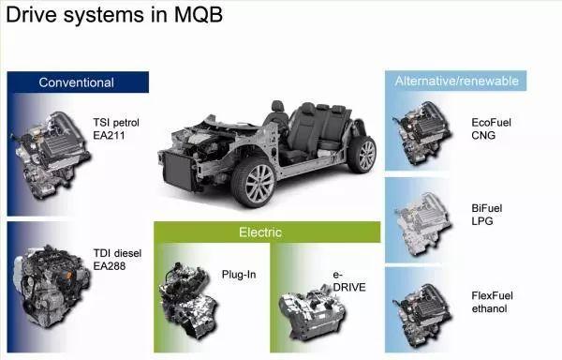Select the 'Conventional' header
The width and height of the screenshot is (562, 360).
(76, 82)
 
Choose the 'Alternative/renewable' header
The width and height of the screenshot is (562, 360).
(456, 81)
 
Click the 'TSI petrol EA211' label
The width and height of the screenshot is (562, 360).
(115, 128)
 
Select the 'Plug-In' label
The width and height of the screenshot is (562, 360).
(239, 274)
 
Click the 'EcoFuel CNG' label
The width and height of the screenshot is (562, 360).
(491, 128)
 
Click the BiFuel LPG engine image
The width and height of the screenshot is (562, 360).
(423, 218)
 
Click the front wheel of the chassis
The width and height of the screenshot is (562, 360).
(253, 182)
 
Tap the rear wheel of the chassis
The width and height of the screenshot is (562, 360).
(362, 154)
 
